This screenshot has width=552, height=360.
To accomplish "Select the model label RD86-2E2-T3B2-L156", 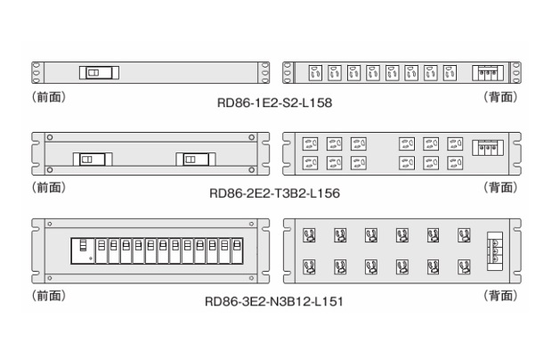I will point(274,192).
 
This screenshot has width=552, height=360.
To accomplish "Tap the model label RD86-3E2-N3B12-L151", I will point(274,300).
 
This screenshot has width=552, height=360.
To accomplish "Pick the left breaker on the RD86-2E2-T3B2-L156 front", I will point(88,160).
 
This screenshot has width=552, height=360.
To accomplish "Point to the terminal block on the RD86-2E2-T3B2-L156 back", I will point(488,149).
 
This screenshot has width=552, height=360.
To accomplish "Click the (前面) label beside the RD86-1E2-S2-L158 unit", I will point(47,96).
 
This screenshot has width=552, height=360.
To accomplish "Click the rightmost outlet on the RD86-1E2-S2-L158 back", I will point(450,72).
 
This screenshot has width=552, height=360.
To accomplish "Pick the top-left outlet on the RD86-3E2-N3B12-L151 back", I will point(310,236).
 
